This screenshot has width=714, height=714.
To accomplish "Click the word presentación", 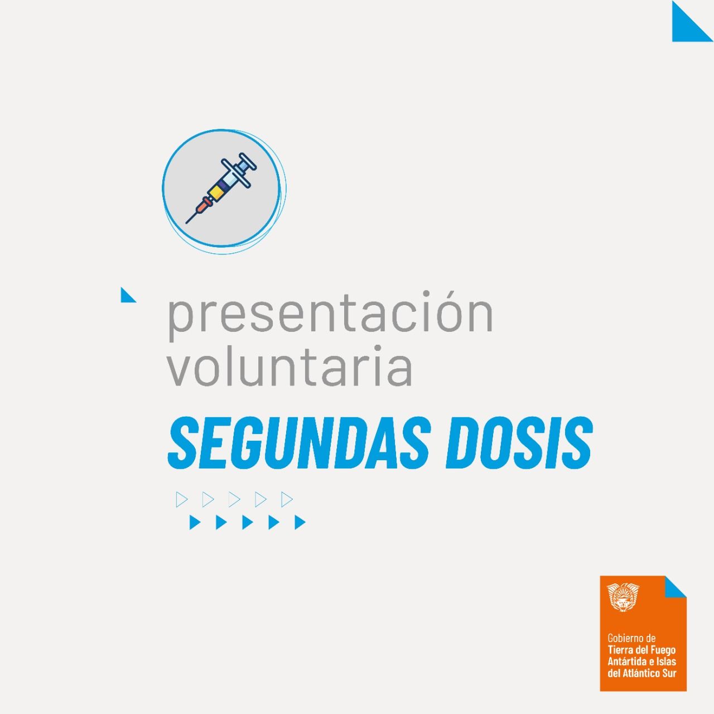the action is click(x=331, y=316).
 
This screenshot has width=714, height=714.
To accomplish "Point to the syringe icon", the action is click(x=221, y=188).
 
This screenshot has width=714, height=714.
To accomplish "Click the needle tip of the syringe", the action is click(x=186, y=223).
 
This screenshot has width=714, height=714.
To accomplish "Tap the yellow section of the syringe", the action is click(x=215, y=192).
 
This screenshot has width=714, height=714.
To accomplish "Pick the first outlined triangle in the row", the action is click(x=181, y=499).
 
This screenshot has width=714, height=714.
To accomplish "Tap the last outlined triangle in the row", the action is click(x=286, y=499).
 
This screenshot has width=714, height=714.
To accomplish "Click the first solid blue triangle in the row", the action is click(x=194, y=523).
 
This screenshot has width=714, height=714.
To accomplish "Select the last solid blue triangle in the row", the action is click(x=300, y=523).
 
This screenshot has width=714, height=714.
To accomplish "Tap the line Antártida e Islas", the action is click(x=642, y=662).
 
